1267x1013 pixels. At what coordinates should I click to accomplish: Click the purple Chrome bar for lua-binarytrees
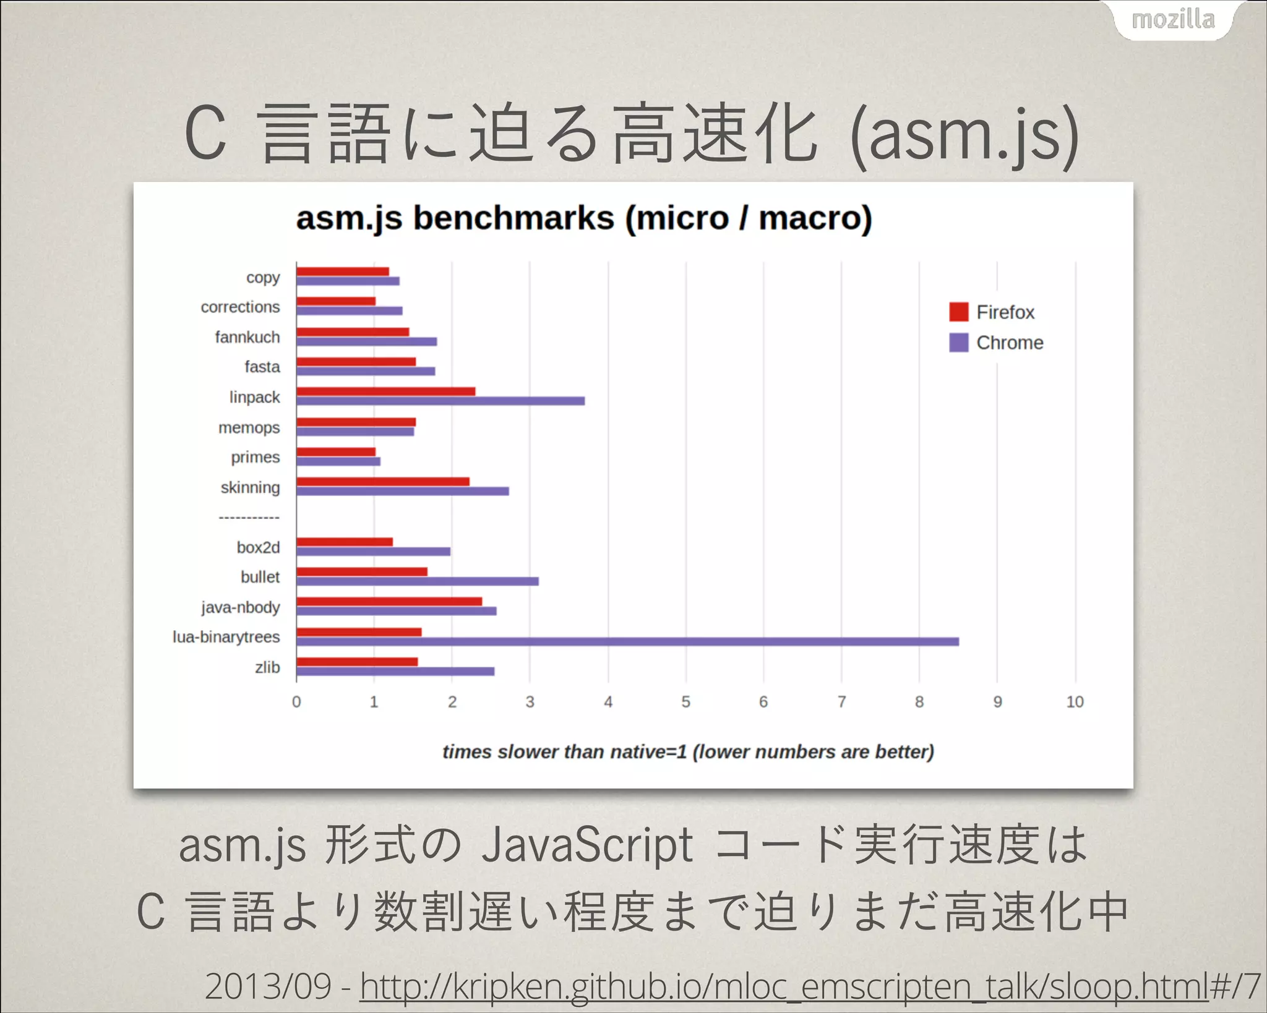(627, 641)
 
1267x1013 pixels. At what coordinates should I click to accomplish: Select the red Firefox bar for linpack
(385, 391)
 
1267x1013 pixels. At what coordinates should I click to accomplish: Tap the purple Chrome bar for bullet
(417, 581)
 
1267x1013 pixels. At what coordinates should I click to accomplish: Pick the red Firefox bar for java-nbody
(389, 601)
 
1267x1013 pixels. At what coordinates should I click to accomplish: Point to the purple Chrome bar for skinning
(402, 491)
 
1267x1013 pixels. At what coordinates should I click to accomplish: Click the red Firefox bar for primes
(336, 451)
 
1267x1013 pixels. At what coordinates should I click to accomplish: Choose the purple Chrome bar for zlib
(395, 672)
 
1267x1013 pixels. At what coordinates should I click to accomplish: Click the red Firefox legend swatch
(958, 312)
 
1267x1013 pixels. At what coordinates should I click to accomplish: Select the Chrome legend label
(1009, 343)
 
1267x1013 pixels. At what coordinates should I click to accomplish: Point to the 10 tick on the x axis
(1075, 702)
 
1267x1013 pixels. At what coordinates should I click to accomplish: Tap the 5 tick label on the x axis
(685, 702)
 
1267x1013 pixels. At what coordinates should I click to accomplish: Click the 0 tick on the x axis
(296, 702)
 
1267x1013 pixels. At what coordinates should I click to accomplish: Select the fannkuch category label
(247, 337)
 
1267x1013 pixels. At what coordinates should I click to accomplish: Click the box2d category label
(258, 547)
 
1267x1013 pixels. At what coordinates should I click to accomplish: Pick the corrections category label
(240, 307)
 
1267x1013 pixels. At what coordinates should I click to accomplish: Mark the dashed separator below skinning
(249, 517)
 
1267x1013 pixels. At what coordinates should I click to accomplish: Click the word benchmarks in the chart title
(513, 218)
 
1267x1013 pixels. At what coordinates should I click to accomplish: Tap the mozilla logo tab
(1173, 20)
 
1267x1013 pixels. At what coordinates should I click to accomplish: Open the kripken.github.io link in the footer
(784, 986)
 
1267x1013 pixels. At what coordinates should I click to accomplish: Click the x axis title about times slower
(688, 752)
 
